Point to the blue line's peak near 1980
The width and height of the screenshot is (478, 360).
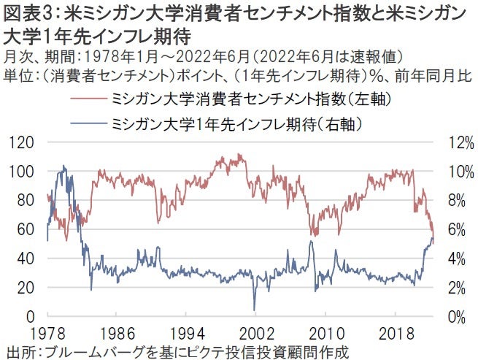[x=64, y=166]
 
